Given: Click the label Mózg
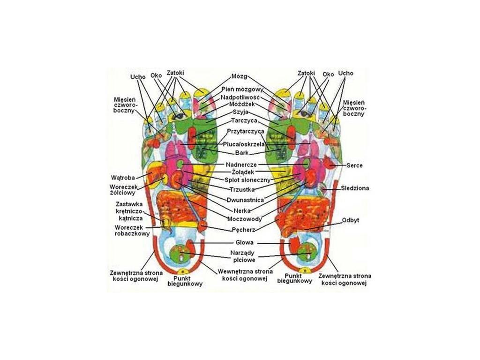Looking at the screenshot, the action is [239, 76].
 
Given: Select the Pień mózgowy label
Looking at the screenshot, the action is [239, 89].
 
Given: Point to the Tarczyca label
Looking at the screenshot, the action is [239, 120].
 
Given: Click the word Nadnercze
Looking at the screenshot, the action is [241, 165].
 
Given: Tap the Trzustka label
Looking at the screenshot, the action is [242, 189].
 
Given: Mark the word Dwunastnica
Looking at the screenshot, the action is [244, 199].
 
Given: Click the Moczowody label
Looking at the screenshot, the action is [244, 218].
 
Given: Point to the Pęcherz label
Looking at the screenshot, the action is [243, 230].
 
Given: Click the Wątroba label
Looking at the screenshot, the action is [123, 178].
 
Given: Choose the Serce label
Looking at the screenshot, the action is [354, 165].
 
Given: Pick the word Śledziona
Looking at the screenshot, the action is [355, 188].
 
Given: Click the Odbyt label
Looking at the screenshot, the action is [351, 219].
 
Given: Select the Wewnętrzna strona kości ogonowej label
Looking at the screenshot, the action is [242, 275].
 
